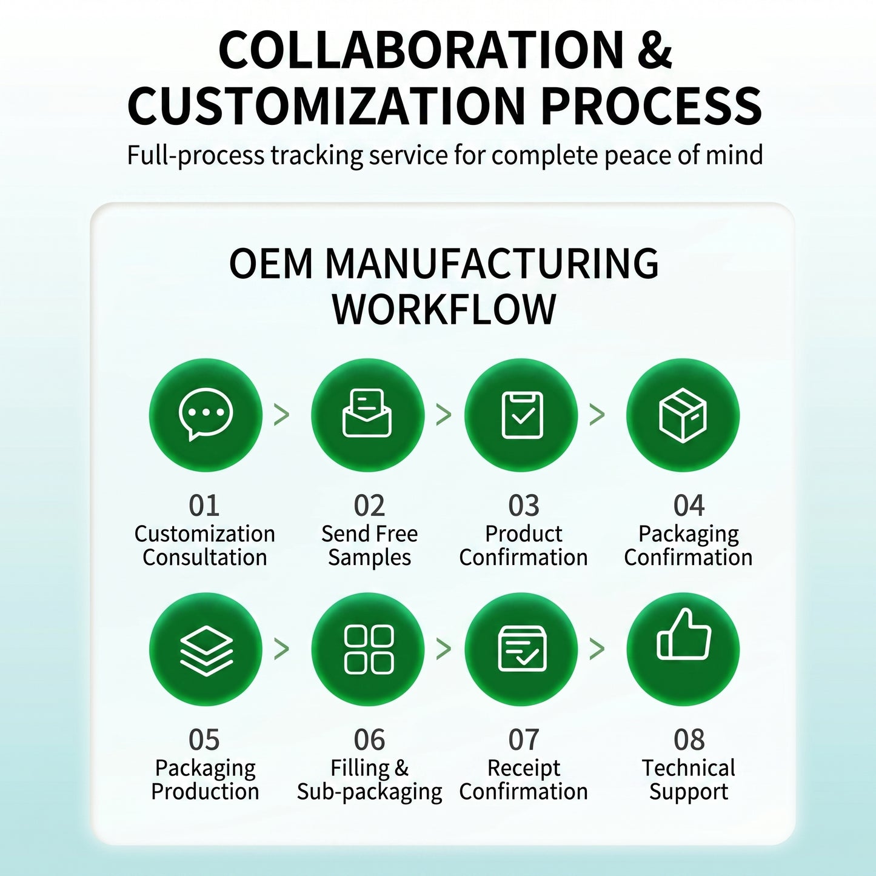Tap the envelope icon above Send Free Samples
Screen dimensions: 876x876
(367, 413)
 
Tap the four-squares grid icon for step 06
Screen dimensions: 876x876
(369, 649)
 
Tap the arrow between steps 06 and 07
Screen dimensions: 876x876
(444, 649)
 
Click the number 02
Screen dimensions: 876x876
(370, 506)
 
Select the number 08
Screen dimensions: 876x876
(689, 740)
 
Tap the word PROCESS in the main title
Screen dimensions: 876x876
(652, 105)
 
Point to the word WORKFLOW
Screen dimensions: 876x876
(444, 309)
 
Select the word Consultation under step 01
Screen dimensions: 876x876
(205, 557)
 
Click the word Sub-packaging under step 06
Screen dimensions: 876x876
(370, 792)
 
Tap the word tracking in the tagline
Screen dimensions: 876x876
(317, 155)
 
